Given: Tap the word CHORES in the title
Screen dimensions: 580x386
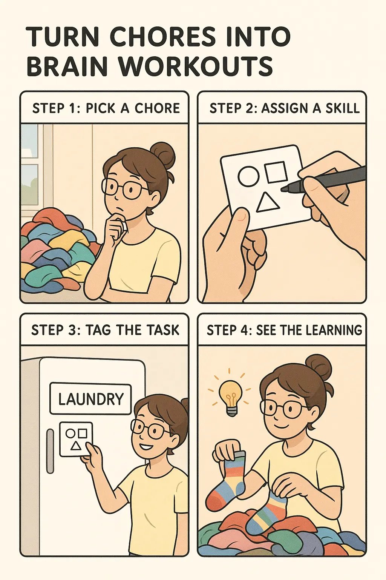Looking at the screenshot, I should pos(162,37).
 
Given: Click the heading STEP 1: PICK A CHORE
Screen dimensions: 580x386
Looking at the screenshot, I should pos(106,108).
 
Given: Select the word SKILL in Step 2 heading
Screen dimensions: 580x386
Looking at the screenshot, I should pos(343,108).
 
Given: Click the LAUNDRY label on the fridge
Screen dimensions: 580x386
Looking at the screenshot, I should pos(91,399).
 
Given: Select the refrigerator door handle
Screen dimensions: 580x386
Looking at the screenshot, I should pos(50,451).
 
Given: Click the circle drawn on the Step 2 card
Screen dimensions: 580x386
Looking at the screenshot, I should pos(249,176).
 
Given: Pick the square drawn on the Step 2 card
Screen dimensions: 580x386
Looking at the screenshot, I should pos(276,172).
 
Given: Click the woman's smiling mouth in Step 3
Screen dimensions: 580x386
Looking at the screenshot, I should pos(147,447).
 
